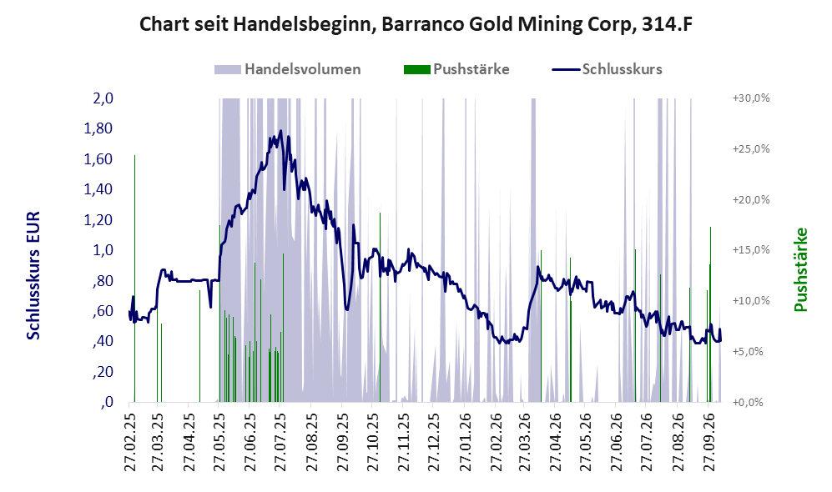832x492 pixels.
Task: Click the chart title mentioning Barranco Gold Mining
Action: [416, 24]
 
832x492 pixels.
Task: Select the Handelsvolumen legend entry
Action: [288, 69]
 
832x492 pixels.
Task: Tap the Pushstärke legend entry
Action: [456, 69]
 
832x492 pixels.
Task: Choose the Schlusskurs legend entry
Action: [607, 69]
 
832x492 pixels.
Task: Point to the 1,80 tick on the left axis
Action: [98, 128]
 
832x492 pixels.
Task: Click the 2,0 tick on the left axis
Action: [103, 98]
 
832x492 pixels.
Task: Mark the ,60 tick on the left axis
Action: [103, 311]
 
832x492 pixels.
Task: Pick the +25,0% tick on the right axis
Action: [751, 149]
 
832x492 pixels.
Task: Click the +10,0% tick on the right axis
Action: [751, 300]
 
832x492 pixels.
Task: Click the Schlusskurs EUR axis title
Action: [33, 276]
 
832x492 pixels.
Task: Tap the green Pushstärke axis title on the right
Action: [800, 269]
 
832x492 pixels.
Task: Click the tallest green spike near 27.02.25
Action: [135, 279]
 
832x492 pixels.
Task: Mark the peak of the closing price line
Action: [280, 130]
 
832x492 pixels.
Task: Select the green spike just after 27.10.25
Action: [380, 308]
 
